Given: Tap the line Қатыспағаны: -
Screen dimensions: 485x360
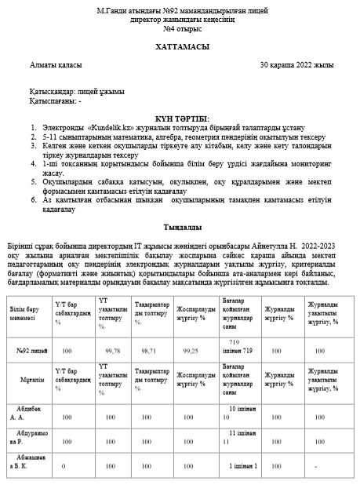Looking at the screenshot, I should pyautogui.click(x=56, y=100).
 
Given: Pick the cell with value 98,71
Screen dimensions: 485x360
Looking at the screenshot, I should pyautogui.click(x=148, y=352).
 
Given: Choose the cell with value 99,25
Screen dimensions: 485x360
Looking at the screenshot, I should pyautogui.click(x=190, y=352).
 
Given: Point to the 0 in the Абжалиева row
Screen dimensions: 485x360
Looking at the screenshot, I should pyautogui.click(x=64, y=465).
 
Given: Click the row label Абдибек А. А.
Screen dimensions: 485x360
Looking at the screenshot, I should pyautogui.click(x=29, y=414).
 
